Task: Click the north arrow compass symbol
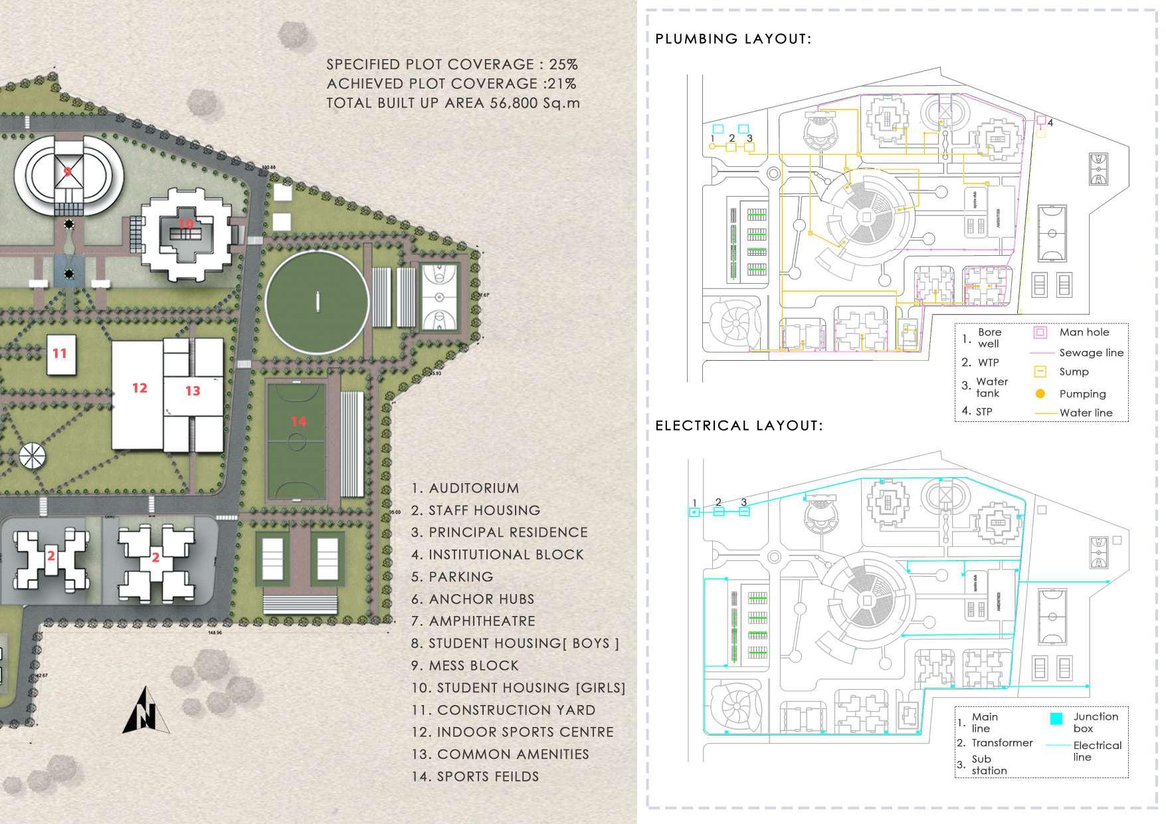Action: click(146, 711)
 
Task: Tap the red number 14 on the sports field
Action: click(298, 421)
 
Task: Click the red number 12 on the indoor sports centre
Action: click(140, 387)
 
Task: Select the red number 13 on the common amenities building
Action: click(193, 391)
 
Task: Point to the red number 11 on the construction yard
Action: click(60, 353)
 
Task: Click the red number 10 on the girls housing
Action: click(186, 223)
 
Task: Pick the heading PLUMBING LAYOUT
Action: click(733, 39)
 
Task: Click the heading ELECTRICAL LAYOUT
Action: click(739, 425)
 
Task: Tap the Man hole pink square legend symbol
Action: click(1040, 332)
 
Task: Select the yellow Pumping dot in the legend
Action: click(1040, 394)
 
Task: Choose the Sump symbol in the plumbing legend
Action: click(1040, 372)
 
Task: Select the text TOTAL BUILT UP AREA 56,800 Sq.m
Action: click(453, 103)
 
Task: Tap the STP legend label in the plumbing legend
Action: click(984, 412)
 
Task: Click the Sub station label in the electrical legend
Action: click(989, 764)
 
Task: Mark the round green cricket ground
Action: click(318, 303)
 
